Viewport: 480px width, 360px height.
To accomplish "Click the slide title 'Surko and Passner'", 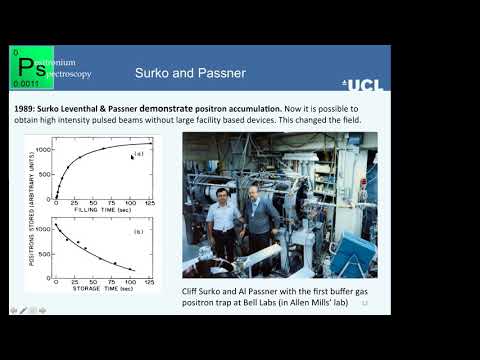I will pyautogui.click(x=189, y=73).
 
